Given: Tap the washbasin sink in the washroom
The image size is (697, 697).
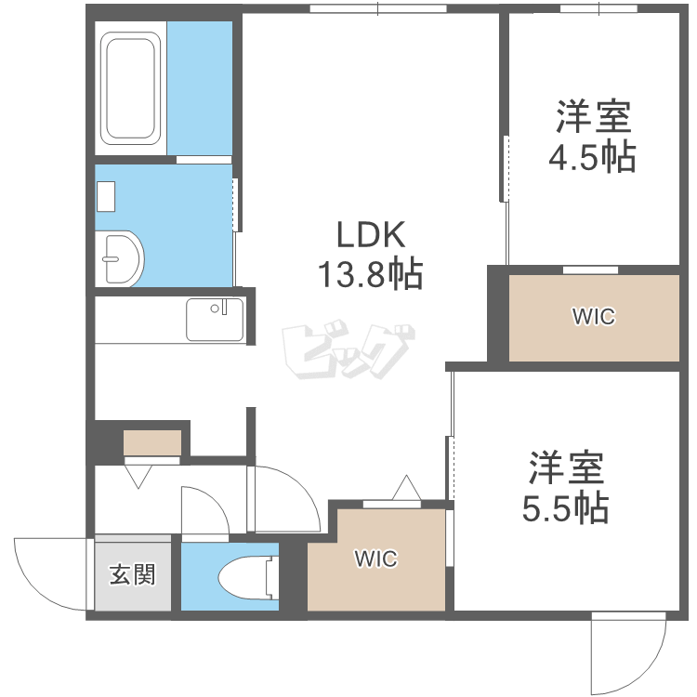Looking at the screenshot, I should point(121,256).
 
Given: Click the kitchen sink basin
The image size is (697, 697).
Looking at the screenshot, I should point(214,319).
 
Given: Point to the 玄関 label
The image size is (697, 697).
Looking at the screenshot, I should point(133,575).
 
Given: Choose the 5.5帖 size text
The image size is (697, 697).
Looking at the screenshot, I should point(565,506).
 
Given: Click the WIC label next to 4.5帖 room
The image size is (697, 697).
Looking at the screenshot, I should point(593,317).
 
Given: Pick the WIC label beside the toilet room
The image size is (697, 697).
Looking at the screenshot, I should point(375,559).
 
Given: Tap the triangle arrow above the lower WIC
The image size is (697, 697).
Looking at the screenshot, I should point(406,487).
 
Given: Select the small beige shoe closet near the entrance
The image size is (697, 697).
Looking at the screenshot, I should point(152,442).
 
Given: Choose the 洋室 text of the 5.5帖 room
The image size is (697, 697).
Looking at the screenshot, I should point(567,467).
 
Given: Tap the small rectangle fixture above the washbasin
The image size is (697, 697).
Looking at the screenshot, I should point(105,196).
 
